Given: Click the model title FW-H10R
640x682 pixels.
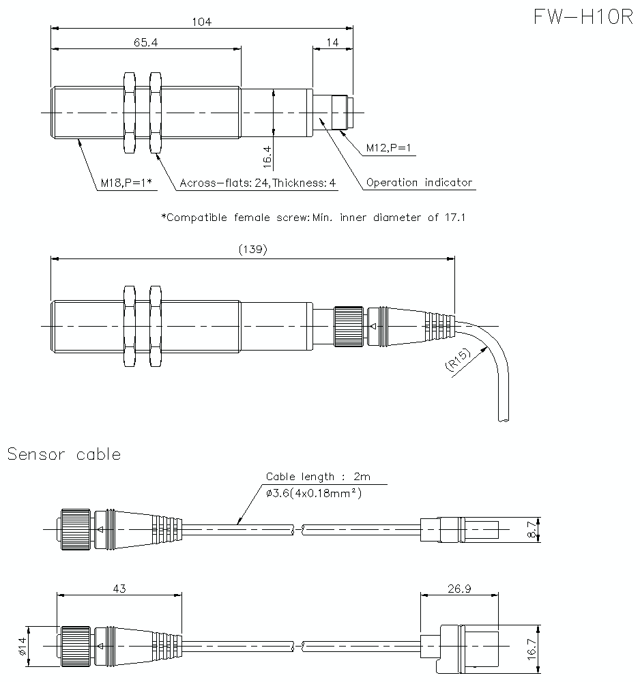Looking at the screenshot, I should (583, 18).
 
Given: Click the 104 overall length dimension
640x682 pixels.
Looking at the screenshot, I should (201, 22).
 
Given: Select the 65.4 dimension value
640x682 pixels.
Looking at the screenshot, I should (145, 42).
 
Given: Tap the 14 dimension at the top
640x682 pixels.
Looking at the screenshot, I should (332, 42).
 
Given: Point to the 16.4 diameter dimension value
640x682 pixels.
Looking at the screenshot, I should (267, 156).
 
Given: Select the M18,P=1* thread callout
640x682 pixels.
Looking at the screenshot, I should (126, 183).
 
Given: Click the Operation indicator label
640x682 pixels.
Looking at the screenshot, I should (419, 183).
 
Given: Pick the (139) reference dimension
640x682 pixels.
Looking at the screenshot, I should (252, 250).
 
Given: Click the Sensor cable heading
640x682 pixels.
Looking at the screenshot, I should (64, 454).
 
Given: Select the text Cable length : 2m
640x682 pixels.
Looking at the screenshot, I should (318, 477).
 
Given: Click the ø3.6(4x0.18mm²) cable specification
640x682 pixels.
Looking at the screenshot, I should (314, 492).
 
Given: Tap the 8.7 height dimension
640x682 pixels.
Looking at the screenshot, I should (534, 529).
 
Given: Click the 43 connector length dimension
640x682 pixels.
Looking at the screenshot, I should (119, 588).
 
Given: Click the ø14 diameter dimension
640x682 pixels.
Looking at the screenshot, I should (24, 647).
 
